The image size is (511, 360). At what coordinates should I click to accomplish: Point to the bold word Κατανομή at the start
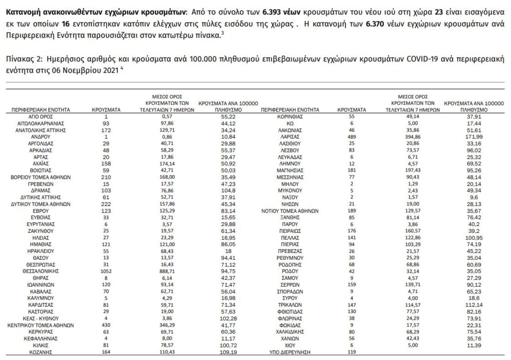pos(23,10)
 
